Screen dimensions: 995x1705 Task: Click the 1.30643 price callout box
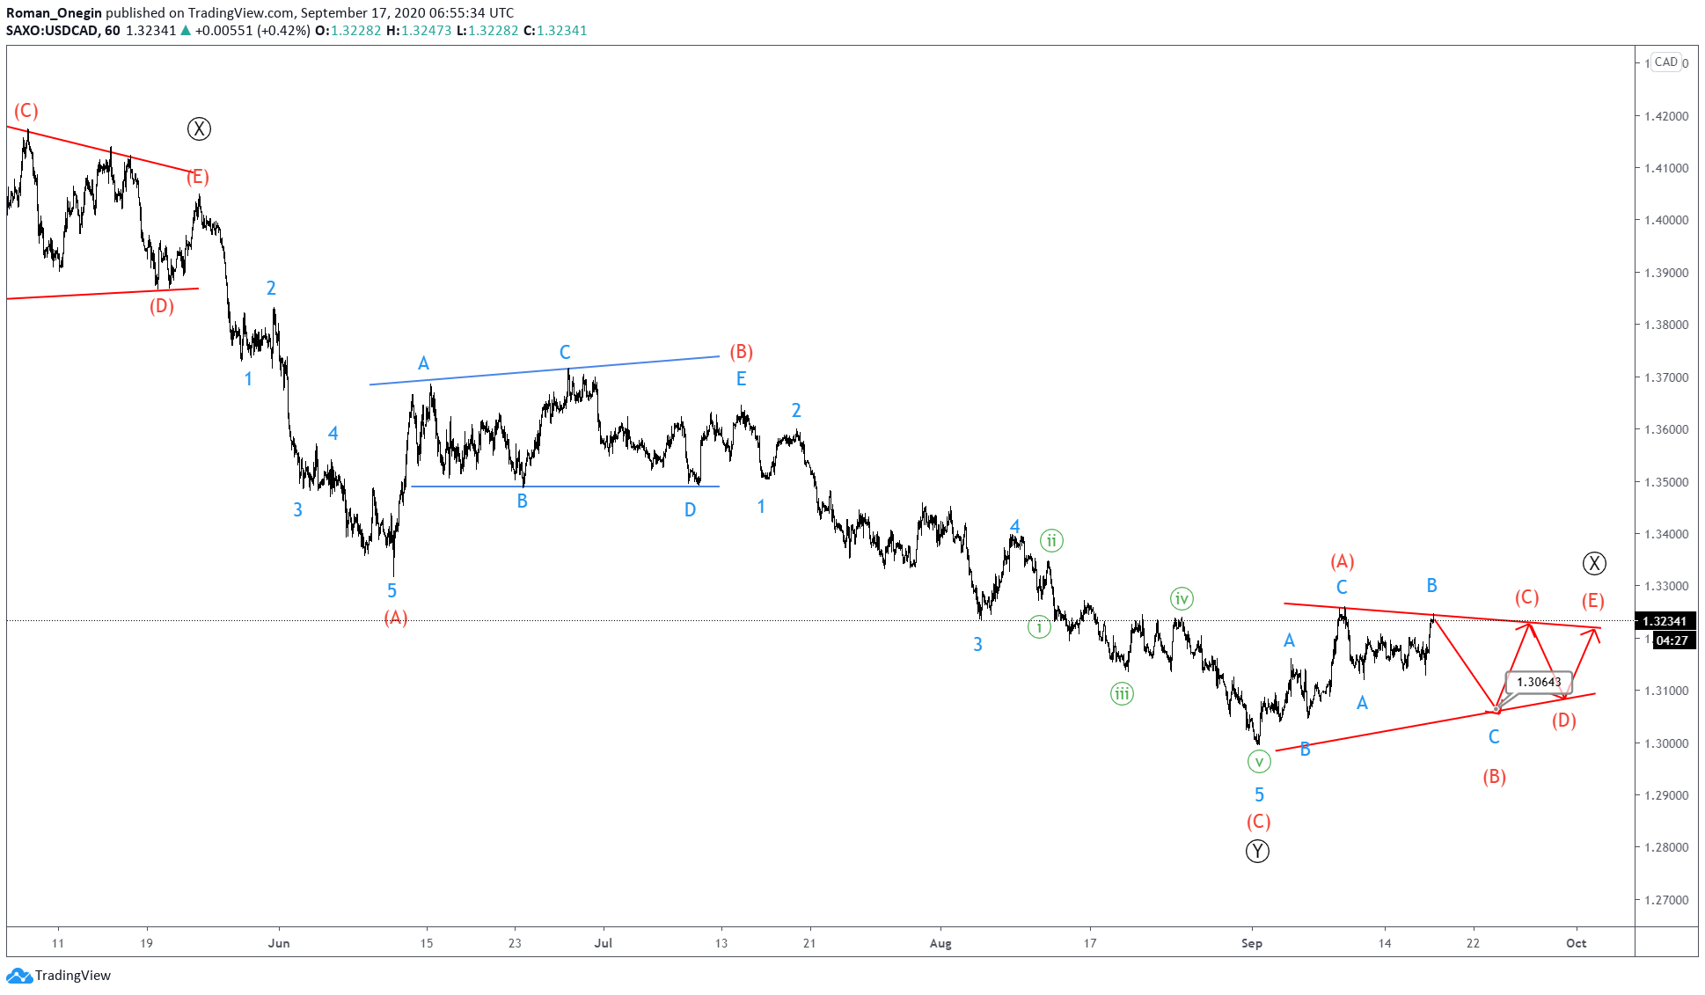(x=1538, y=682)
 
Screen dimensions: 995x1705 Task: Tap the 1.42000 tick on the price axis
(x=1666, y=116)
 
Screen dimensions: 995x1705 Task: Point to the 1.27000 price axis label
(x=1666, y=900)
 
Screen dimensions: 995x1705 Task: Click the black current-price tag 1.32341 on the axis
(x=1665, y=621)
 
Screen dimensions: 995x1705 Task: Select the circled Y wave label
(x=1257, y=851)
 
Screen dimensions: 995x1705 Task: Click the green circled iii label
(x=1121, y=694)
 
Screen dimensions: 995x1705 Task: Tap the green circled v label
(x=1259, y=762)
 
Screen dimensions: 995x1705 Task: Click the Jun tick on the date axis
(x=279, y=943)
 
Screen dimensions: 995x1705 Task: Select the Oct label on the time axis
(x=1576, y=943)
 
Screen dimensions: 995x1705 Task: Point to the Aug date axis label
(x=940, y=943)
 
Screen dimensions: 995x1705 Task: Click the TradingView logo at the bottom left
(x=59, y=975)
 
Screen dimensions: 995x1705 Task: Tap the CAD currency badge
(x=1665, y=62)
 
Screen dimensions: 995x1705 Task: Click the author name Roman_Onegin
(x=55, y=12)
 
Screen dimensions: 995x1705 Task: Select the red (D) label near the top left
(x=162, y=306)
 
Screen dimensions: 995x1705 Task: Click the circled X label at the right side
(x=1594, y=563)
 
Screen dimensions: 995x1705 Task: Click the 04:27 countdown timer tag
(x=1672, y=640)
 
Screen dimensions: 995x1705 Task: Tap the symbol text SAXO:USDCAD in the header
(x=53, y=30)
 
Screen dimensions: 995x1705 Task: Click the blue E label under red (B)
(x=741, y=379)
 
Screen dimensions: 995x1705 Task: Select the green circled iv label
(x=1181, y=599)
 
